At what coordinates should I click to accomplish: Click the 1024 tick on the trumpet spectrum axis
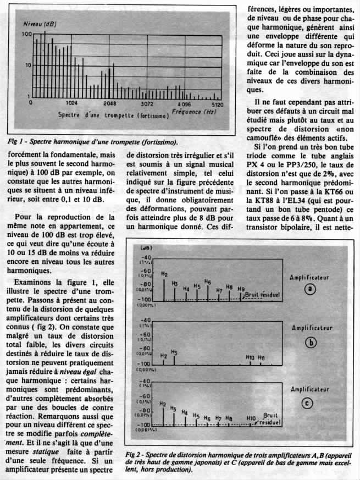pos(71,103)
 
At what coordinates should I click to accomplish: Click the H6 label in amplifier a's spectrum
pos(207,282)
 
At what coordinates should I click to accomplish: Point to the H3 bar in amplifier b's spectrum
pos(174,358)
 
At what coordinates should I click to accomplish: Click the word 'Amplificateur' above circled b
pos(310,328)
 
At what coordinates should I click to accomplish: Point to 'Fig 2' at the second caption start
pos(135,456)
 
